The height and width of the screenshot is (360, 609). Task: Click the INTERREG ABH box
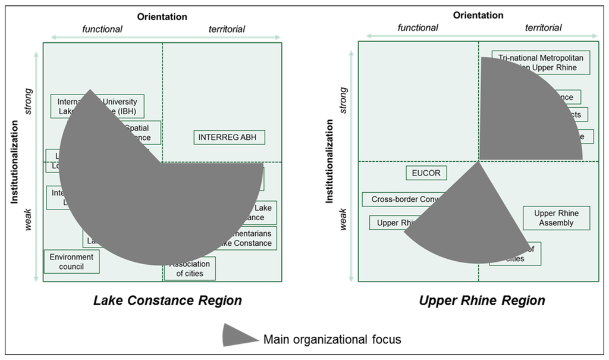pos(229,137)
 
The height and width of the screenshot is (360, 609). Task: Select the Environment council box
pos(71,262)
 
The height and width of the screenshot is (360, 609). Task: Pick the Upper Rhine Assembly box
pos(557,218)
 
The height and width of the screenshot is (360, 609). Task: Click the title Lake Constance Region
pos(168,300)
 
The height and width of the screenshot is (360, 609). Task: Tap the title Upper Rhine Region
pos(482,300)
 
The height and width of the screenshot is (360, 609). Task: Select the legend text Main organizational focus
pos(332,340)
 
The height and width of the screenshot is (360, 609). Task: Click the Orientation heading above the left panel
pos(162,17)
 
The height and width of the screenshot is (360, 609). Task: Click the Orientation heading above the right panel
pos(478,15)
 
